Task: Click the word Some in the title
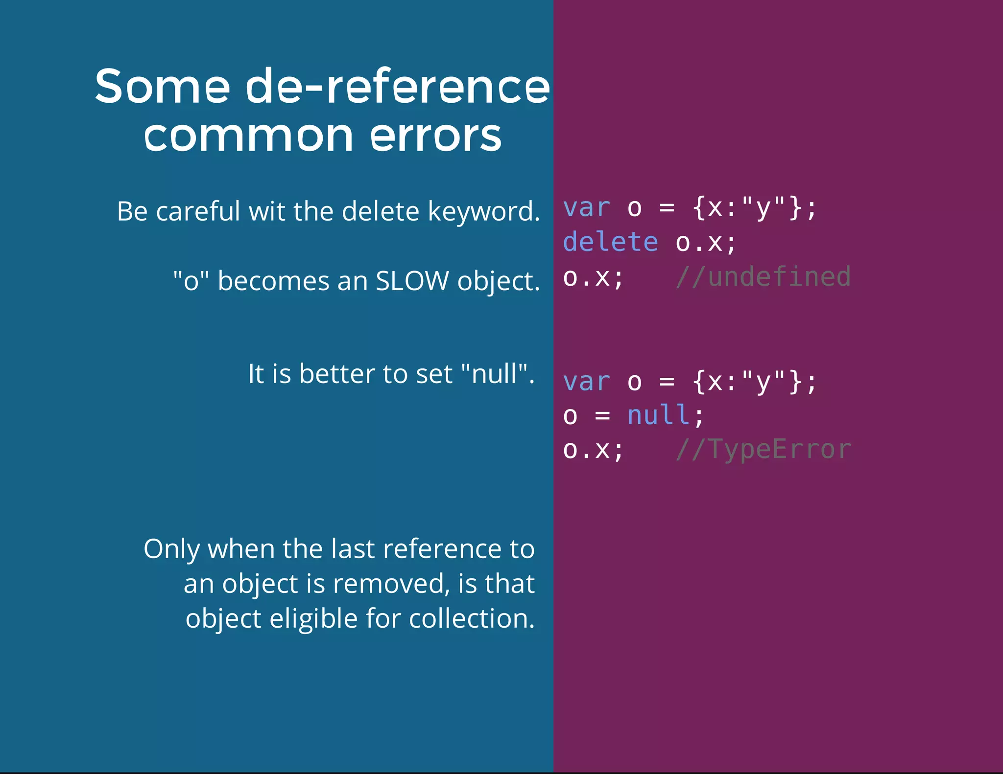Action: coord(162,87)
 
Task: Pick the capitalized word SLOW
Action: coord(412,281)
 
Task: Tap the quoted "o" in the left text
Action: coord(191,281)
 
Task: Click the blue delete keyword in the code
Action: coord(610,242)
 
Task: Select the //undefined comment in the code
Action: coord(763,277)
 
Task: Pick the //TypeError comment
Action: coord(763,449)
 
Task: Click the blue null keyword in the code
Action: coord(658,415)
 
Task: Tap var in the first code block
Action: coord(587,208)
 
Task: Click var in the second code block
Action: coord(587,382)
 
